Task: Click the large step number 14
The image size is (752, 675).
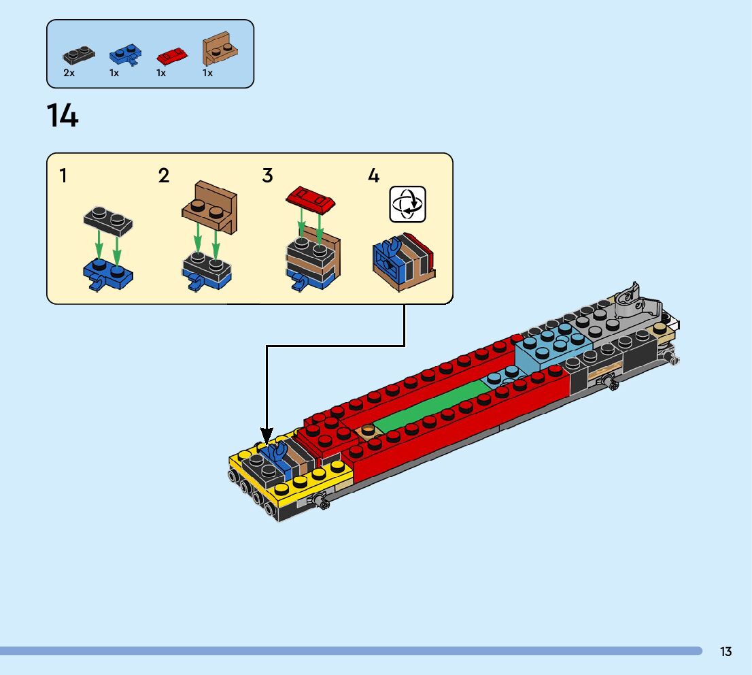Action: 63,116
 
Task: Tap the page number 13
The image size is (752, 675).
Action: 725,651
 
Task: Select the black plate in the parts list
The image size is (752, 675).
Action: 80,54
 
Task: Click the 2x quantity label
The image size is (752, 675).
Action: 69,73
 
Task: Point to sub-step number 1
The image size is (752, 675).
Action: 63,176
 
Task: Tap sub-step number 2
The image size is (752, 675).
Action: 164,176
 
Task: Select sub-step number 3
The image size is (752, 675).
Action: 267,176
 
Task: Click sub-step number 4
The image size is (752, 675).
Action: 373,176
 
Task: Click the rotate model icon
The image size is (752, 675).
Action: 407,203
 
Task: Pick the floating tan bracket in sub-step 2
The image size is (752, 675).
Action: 210,208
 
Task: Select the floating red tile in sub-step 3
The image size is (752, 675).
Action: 312,199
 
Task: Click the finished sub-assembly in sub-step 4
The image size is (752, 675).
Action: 403,262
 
